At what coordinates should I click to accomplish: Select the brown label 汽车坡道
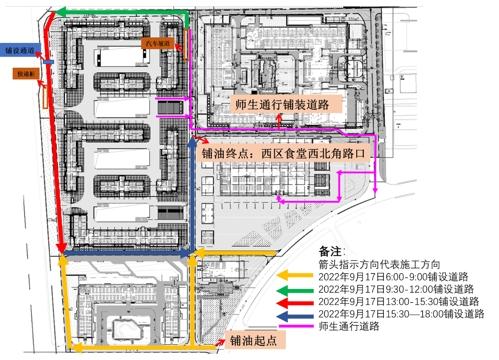pos(158,44)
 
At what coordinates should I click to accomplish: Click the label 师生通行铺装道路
pos(282,104)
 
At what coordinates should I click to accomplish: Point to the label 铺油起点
pos(253,340)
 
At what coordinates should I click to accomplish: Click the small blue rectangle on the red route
pos(49,62)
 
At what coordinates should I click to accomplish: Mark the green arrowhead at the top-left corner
pos(60,13)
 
